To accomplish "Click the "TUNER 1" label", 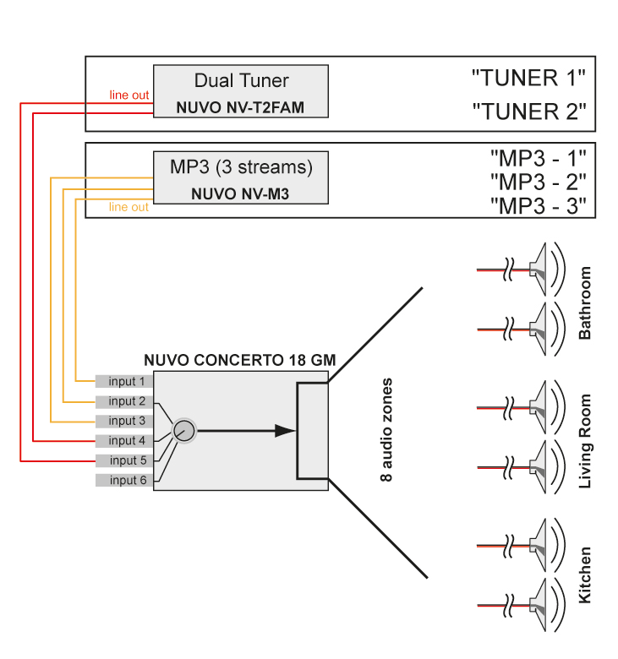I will pyautogui.click(x=528, y=79).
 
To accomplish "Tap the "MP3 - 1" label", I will pyautogui.click(x=538, y=157).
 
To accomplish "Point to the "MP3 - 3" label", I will pyautogui.click(x=538, y=205).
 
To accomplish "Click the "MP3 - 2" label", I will pyautogui.click(x=538, y=181).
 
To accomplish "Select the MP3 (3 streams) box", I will pyautogui.click(x=240, y=177).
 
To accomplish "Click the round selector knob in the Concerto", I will pyautogui.click(x=183, y=432).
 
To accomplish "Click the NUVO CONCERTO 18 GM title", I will pyautogui.click(x=239, y=360).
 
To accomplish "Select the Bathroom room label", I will pyautogui.click(x=585, y=302).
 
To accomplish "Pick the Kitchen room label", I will pyautogui.click(x=585, y=575).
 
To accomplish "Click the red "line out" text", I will pyautogui.click(x=129, y=95).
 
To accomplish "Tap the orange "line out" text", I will pyautogui.click(x=129, y=207).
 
